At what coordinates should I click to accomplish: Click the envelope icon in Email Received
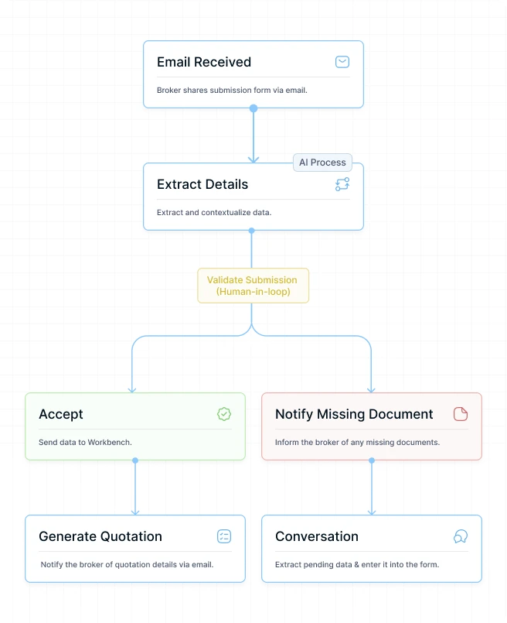(x=342, y=62)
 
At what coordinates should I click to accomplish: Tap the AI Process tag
(x=322, y=163)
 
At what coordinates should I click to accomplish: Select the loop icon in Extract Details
(x=342, y=184)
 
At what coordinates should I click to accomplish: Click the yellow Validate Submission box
(x=253, y=286)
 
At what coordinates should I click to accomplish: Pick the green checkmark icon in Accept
(x=224, y=414)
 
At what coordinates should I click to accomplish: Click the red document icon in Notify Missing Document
(x=460, y=414)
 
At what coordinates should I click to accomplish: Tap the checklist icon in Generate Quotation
(x=224, y=536)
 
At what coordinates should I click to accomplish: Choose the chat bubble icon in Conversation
(x=460, y=536)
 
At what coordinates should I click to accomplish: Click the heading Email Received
(x=204, y=62)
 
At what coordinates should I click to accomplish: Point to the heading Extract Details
(x=202, y=184)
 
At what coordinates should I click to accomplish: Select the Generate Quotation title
(x=100, y=536)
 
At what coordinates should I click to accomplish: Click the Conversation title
(x=317, y=536)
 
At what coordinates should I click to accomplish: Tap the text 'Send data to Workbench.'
(x=85, y=442)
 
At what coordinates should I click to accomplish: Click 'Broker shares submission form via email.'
(x=232, y=91)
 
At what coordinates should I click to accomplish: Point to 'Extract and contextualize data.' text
(x=214, y=213)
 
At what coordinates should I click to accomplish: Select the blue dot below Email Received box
(x=253, y=108)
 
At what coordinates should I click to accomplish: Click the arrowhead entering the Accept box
(x=132, y=390)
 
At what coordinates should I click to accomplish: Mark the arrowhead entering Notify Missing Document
(x=371, y=390)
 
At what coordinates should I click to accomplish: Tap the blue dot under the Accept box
(x=135, y=460)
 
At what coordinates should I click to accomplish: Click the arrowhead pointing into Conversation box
(x=372, y=512)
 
